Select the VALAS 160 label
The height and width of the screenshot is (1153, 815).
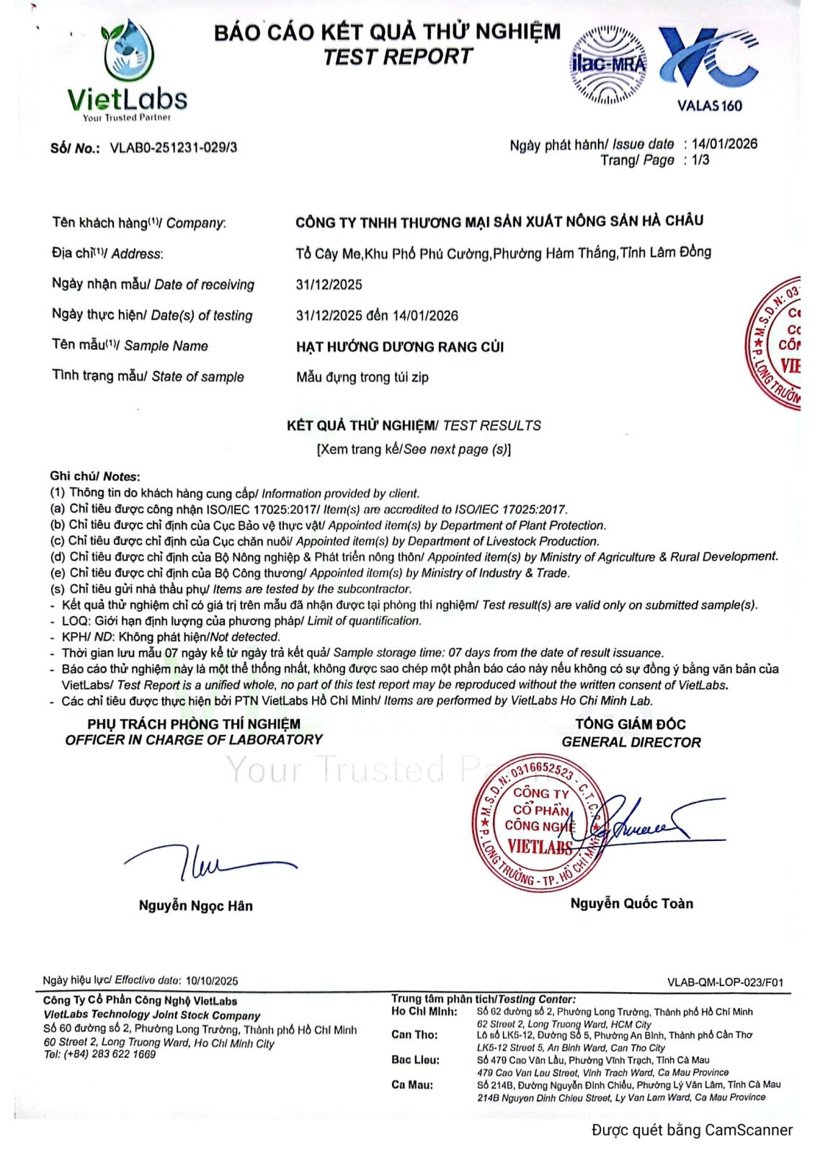(709, 106)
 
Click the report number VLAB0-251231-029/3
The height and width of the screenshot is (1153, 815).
(173, 148)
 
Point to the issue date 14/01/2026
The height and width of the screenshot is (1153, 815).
(724, 143)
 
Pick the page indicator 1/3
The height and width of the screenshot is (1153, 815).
(700, 160)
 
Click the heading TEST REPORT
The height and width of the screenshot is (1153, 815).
(397, 57)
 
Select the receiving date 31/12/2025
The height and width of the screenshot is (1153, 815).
(329, 285)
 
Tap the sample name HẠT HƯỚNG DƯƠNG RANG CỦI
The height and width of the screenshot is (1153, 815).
(400, 347)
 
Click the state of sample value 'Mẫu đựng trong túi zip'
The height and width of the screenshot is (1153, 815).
(362, 377)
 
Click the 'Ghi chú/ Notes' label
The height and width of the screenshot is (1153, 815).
(94, 476)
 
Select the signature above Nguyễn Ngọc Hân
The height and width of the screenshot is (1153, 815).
(209, 862)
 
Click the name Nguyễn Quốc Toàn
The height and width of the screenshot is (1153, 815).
(631, 904)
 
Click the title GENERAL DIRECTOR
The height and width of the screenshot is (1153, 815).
(631, 742)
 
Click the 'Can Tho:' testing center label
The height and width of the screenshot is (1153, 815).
(414, 1035)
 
